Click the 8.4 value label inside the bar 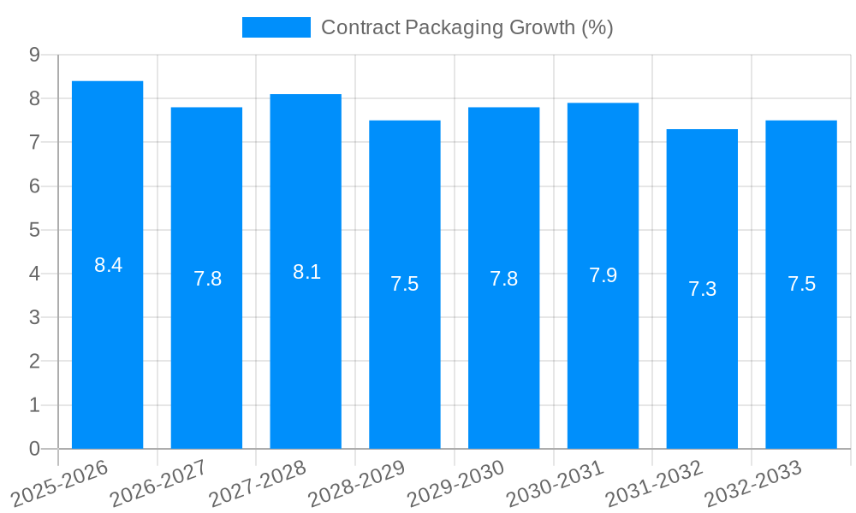108,265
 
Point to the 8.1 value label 306,272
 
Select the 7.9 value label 603,275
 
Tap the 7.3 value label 702,289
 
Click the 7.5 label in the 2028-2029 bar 404,284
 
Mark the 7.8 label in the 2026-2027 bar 207,279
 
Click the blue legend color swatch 276,27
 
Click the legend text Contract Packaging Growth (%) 467,27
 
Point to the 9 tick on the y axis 34,55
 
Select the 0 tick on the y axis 34,449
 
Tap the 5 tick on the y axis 34,230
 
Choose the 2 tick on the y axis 34,362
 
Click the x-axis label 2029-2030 456,483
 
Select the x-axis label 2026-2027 159,483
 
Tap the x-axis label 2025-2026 60,483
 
